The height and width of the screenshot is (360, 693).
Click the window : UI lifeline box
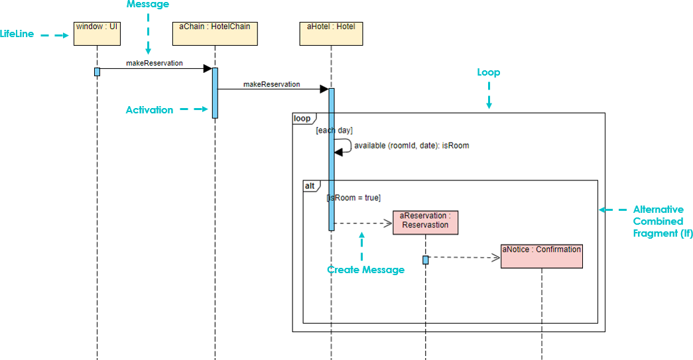[97, 34]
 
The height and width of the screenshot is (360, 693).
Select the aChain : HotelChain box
[215, 34]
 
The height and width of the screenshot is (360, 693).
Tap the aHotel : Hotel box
[331, 34]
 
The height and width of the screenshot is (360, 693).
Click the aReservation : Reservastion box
[425, 222]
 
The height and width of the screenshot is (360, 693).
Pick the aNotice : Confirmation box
[541, 256]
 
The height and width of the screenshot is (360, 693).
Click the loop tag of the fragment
[302, 119]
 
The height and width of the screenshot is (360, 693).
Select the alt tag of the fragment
[310, 186]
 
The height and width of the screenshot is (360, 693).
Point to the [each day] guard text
[334, 131]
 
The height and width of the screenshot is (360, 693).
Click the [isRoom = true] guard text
[353, 198]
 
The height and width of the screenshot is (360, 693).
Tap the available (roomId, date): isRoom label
[411, 145]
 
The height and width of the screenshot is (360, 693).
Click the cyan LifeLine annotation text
[17, 34]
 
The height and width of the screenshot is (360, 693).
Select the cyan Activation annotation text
[149, 110]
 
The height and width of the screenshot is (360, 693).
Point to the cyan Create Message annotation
[365, 270]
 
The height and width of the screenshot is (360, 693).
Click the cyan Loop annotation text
[489, 72]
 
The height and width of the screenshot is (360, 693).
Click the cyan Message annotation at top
[147, 5]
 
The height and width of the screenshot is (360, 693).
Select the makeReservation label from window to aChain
[155, 63]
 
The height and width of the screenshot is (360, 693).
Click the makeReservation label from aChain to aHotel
[271, 84]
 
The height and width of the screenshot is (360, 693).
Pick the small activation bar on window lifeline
[97, 72]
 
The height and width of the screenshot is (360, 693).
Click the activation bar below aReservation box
[426, 260]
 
